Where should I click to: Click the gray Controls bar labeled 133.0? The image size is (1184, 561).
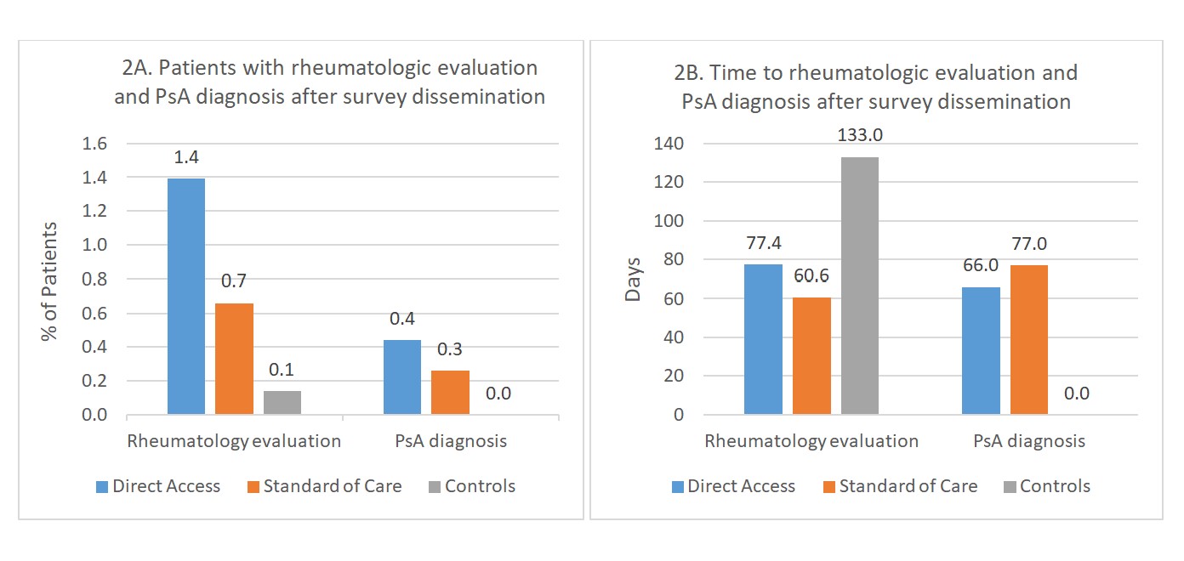tap(860, 286)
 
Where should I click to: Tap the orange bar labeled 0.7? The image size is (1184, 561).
tap(234, 359)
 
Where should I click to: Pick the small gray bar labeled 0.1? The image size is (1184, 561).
tap(282, 403)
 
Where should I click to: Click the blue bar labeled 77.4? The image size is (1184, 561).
tap(763, 339)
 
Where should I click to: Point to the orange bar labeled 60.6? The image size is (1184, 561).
tap(811, 356)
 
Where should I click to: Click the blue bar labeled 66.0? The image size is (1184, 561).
tap(981, 351)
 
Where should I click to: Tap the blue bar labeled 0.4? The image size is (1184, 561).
tap(402, 377)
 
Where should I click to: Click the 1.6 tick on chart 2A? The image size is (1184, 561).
tap(94, 144)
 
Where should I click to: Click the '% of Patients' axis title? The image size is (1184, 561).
tap(49, 281)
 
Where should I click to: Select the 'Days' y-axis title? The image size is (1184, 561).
tap(634, 278)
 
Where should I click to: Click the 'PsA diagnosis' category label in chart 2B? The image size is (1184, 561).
tap(1028, 441)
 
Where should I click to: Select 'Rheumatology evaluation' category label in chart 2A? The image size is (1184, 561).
tap(234, 441)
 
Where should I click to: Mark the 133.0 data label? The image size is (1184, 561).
tap(860, 136)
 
